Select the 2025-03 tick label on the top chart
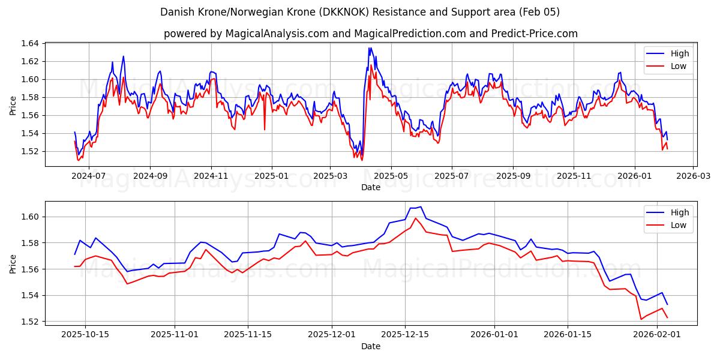(329, 176)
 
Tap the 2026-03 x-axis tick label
(694, 176)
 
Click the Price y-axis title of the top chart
(13, 105)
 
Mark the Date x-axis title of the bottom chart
(370, 346)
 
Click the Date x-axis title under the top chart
(370, 187)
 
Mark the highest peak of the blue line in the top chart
(370, 47)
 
